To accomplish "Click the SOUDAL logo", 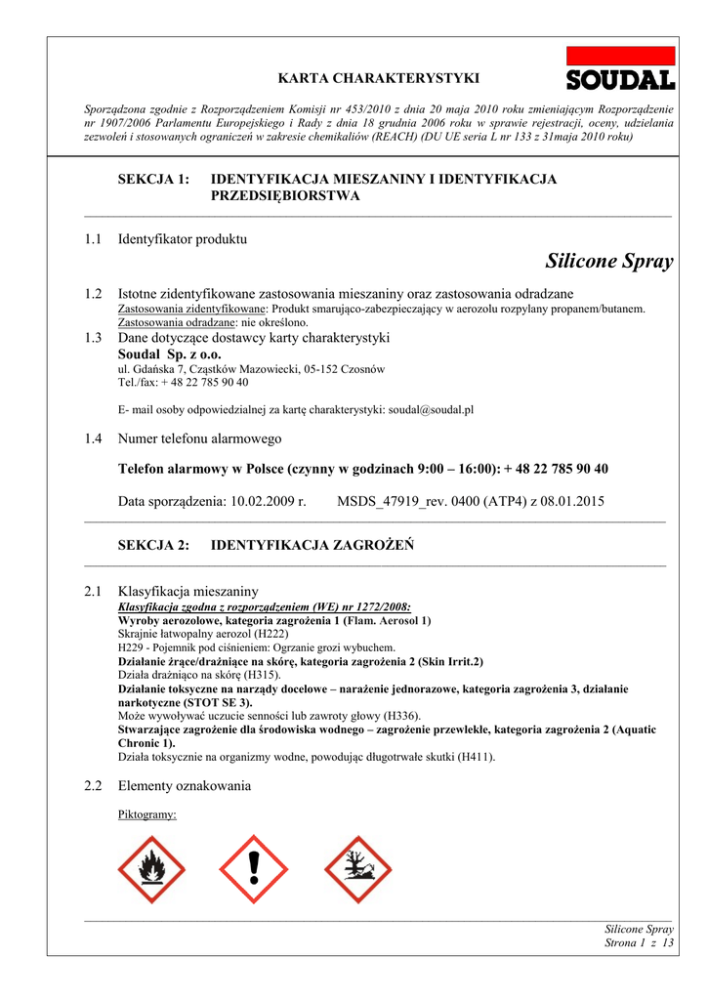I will [x=621, y=70].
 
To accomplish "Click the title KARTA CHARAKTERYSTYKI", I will [x=379, y=77].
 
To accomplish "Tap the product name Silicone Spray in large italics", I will [x=609, y=262].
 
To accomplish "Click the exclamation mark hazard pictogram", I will [x=253, y=869].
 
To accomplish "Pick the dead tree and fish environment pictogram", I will [x=357, y=869].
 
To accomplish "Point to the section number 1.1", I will [x=94, y=239].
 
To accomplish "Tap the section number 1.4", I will [x=94, y=439].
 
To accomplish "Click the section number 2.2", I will [x=94, y=786].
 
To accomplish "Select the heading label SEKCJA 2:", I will [x=153, y=545].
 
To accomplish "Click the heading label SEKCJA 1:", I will [x=153, y=180].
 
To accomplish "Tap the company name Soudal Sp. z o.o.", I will [x=170, y=354].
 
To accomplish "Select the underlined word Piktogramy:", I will [x=146, y=813].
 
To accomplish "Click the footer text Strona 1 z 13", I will [x=640, y=943].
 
